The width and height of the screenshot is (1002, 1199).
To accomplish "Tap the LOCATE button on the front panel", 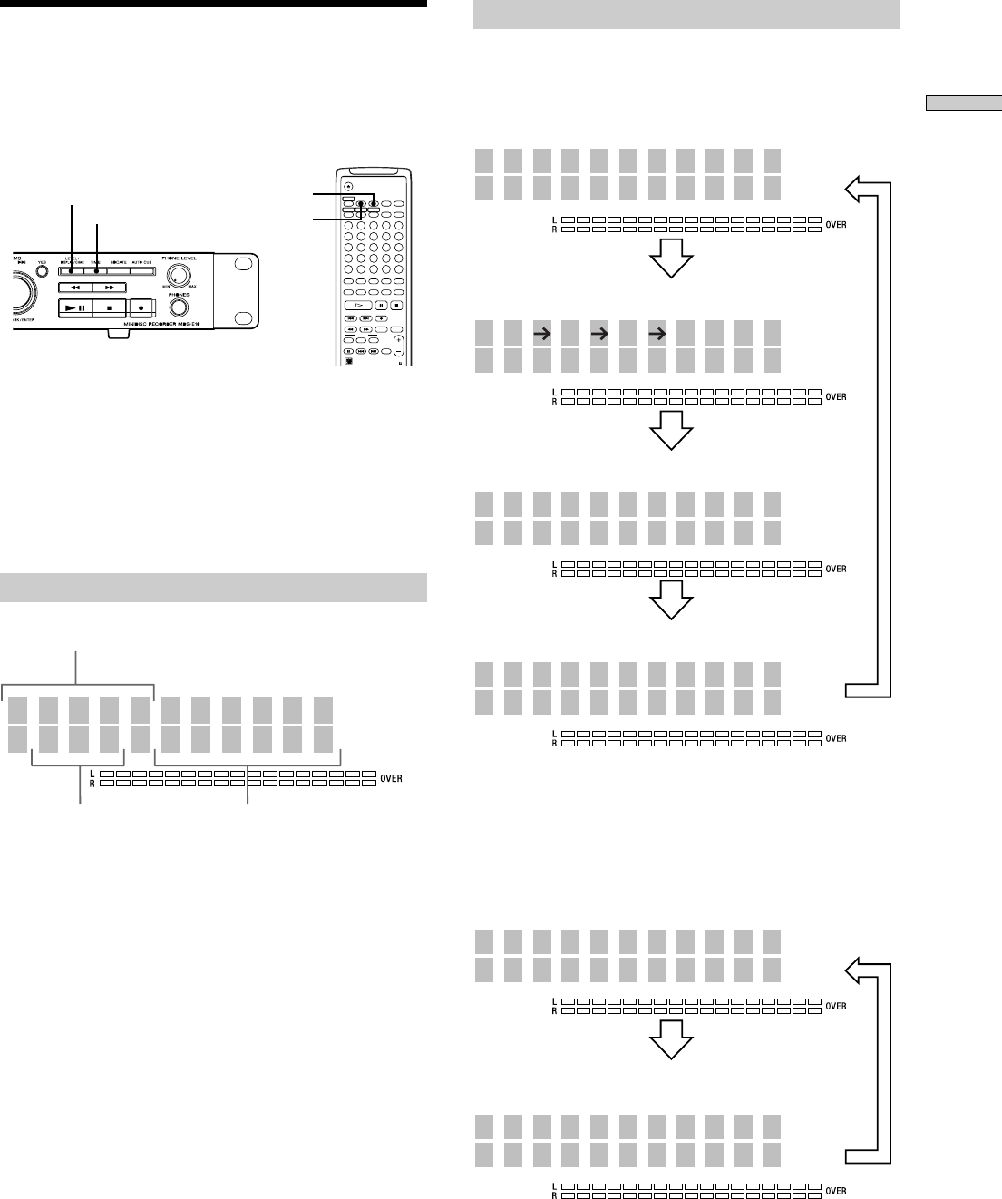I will point(118,268).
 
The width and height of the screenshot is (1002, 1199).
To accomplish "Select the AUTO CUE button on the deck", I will point(141,268).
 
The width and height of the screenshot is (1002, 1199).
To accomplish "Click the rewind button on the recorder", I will point(74,287).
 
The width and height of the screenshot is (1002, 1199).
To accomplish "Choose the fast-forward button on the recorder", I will point(108,287).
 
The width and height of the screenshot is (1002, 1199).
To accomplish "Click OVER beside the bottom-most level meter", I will point(836,1190).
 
